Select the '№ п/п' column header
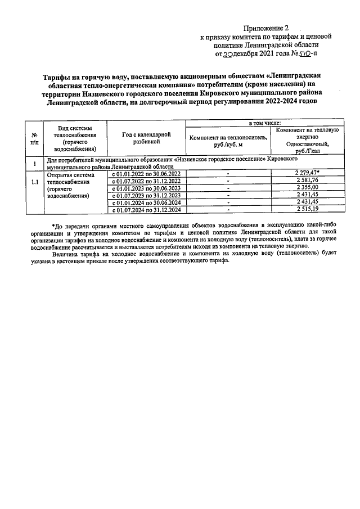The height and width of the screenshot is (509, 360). tap(34, 139)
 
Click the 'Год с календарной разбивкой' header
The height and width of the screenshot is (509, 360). tap(145, 138)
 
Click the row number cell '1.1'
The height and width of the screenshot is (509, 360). tap(34, 183)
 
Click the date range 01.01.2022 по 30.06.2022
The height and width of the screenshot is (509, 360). tap(146, 174)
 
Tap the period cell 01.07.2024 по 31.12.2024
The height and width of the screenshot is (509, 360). tap(146, 210)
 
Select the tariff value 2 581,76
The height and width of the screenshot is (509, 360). tap(307, 181)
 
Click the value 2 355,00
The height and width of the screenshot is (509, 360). tap(307, 188)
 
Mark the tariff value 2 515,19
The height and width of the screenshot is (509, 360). tap(307, 210)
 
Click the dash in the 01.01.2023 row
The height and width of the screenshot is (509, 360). tap(228, 188)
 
